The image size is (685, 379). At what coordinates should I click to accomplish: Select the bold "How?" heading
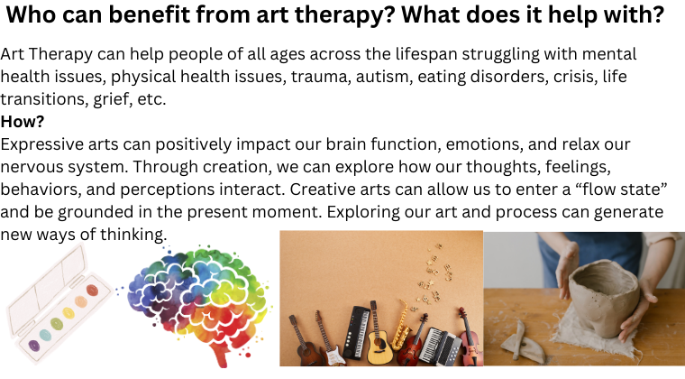click(23, 122)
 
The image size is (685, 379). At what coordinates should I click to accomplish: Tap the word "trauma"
click(320, 77)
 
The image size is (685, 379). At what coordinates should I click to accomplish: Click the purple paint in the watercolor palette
click(34, 346)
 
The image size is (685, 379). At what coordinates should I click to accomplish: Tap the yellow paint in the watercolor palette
click(68, 312)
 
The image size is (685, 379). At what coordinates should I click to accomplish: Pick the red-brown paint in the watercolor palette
click(92, 291)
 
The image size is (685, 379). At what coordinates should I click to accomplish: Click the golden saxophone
click(400, 326)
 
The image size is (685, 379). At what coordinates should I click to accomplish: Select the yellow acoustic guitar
click(379, 342)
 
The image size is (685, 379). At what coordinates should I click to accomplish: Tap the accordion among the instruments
click(440, 347)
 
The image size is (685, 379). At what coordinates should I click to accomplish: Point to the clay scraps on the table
click(523, 346)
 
